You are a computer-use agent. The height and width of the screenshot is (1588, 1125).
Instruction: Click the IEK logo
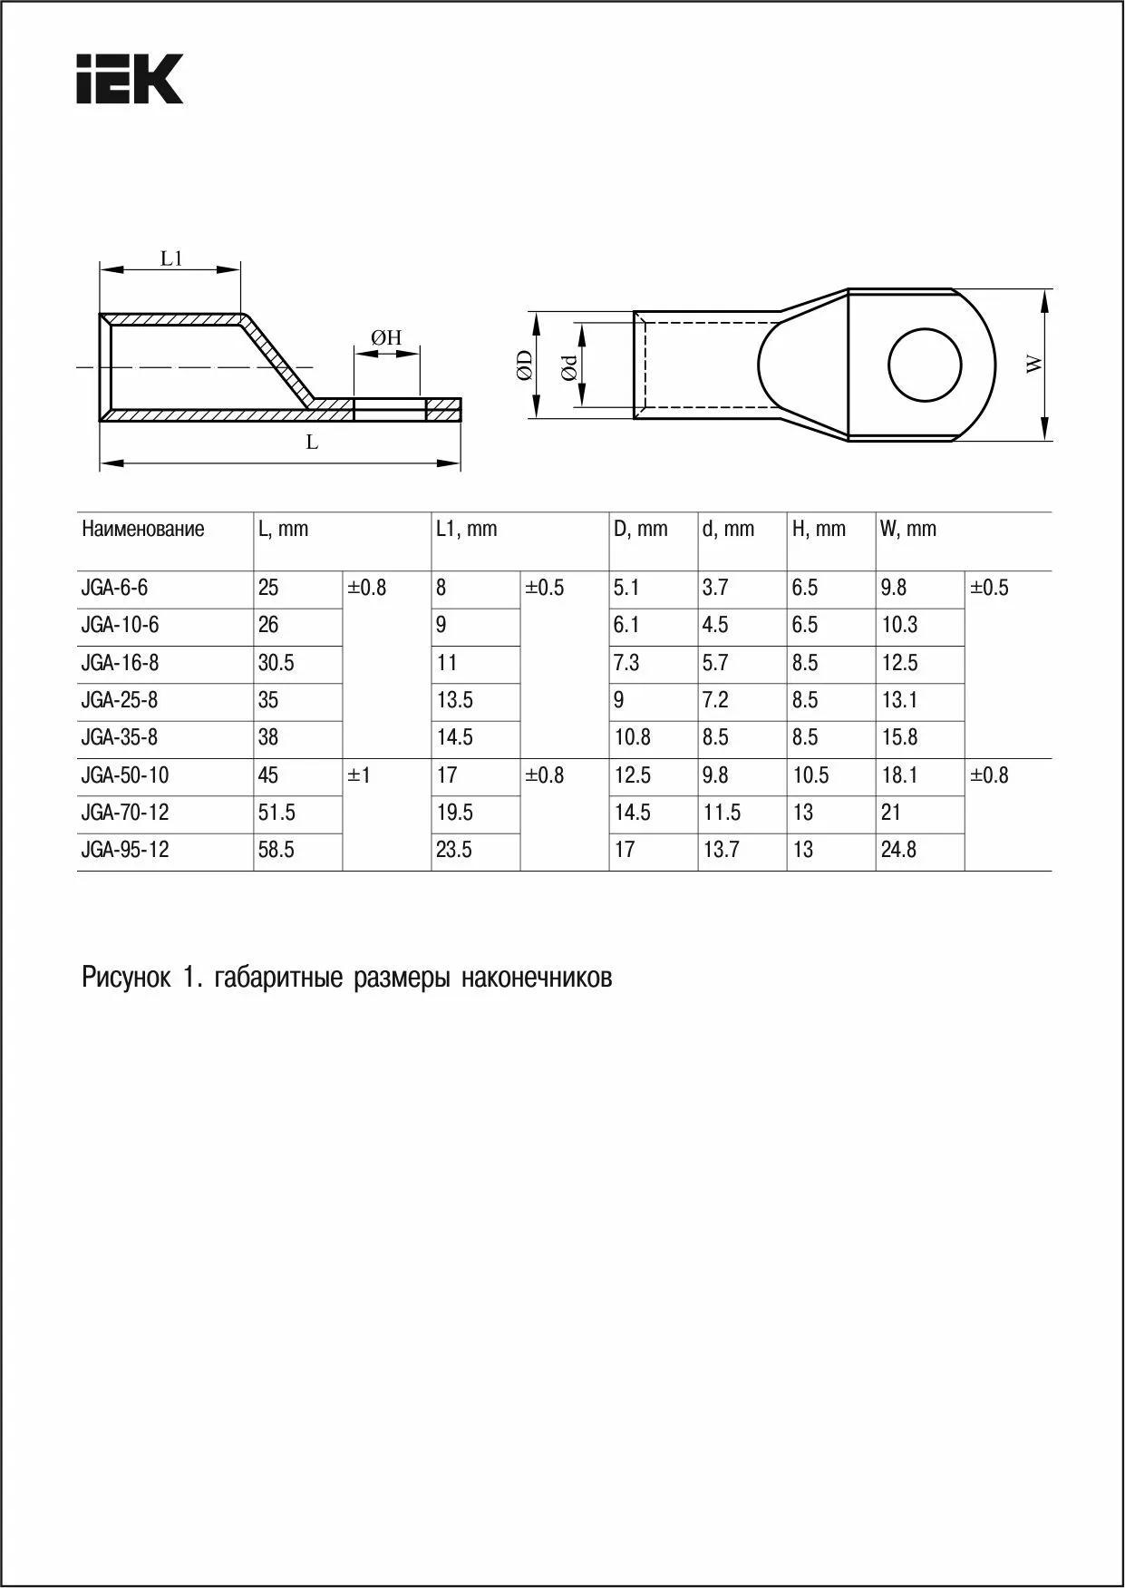130,79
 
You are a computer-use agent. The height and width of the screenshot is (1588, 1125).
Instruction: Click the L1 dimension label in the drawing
171,258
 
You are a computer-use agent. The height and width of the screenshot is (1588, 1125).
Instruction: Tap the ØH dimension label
386,338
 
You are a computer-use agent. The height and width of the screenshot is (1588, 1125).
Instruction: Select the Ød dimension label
568,366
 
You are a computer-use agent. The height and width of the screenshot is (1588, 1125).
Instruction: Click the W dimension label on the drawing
1034,365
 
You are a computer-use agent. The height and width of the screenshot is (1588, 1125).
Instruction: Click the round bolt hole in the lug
924,365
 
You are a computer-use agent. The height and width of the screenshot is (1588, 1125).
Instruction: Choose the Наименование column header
142,529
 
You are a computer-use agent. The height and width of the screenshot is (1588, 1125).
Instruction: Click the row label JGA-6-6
114,588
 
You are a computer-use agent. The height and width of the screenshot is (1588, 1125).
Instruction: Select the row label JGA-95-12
124,850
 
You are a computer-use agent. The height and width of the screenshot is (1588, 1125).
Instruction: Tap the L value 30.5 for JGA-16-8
276,663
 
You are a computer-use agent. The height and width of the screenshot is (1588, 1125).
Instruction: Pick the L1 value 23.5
454,850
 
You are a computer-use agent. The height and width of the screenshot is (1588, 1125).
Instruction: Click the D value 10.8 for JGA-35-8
632,737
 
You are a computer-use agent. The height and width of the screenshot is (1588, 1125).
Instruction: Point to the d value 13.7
721,850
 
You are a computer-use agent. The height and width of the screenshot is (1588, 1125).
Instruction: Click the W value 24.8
898,850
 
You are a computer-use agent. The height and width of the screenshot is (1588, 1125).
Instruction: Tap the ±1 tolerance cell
359,775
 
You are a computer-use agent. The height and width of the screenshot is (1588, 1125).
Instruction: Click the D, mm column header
640,529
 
